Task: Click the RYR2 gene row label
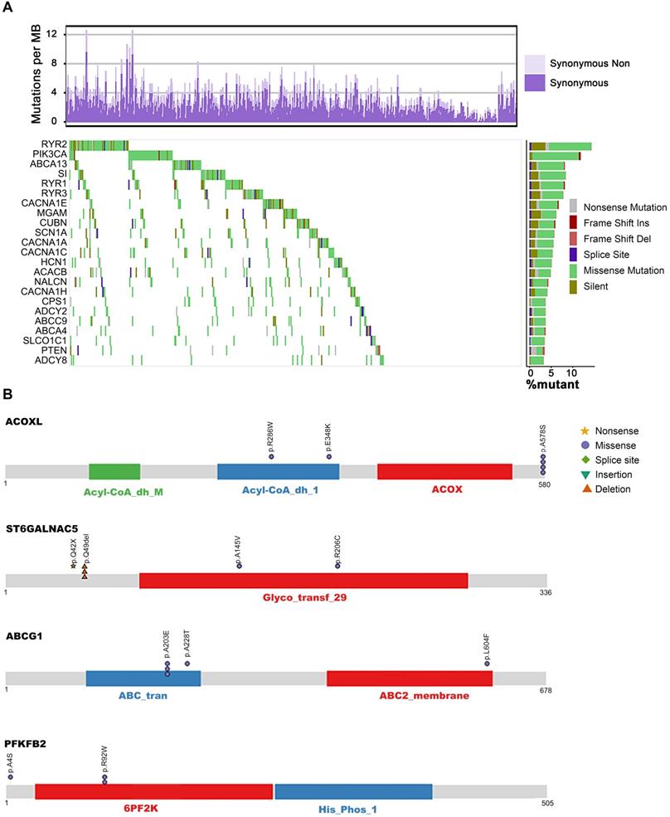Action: click(55, 144)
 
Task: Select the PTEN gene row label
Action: click(55, 350)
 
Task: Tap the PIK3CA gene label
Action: click(51, 154)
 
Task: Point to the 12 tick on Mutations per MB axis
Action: click(51, 34)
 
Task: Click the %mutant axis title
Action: click(553, 385)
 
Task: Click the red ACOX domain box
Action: click(444, 471)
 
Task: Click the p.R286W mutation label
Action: click(271, 437)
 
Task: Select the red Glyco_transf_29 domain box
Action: click(303, 581)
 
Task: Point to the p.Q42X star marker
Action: click(73, 565)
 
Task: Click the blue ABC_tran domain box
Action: click(143, 678)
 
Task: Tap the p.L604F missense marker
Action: click(488, 664)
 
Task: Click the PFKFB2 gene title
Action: click(26, 743)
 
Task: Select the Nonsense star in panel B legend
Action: click(585, 430)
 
